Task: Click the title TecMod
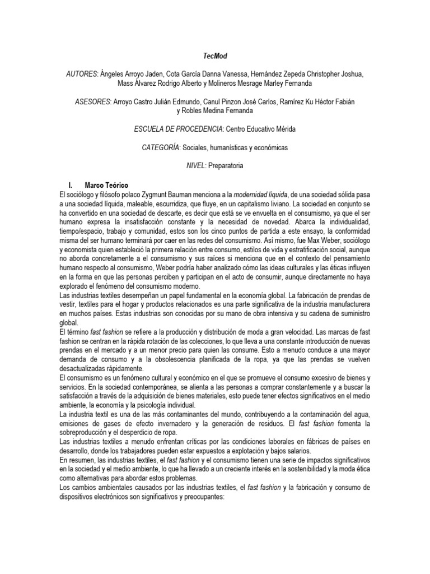click(x=214, y=57)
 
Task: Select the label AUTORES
click(x=82, y=75)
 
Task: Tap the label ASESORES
click(x=92, y=101)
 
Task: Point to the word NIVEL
click(x=195, y=166)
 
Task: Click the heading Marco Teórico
click(x=106, y=184)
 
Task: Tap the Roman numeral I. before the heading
click(x=70, y=184)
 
